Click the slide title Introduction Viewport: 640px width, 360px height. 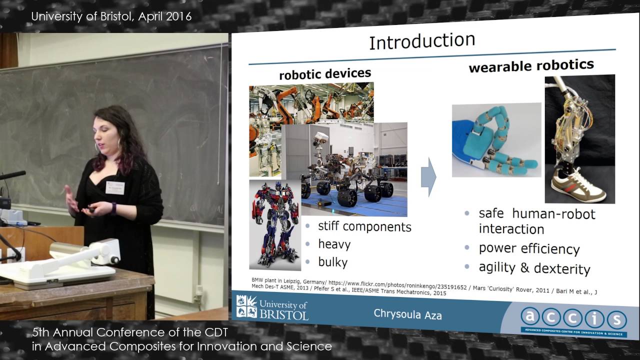pyautogui.click(x=422, y=41)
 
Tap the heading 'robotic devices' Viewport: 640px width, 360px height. pyautogui.click(x=325, y=74)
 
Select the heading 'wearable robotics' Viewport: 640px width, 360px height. pyautogui.click(x=531, y=65)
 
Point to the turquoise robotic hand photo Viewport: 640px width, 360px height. pyautogui.click(x=496, y=139)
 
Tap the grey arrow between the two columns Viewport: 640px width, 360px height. pyautogui.click(x=428, y=177)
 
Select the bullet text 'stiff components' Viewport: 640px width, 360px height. pyautogui.click(x=364, y=226)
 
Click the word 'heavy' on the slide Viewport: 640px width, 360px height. pyautogui.click(x=334, y=244)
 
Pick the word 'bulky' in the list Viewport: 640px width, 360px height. pyautogui.click(x=333, y=262)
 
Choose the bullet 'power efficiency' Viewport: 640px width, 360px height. pyautogui.click(x=529, y=248)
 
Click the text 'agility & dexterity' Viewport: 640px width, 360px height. pyautogui.click(x=534, y=268)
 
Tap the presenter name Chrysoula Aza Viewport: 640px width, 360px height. pyautogui.click(x=407, y=314)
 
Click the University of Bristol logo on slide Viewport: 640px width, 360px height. pyautogui.click(x=272, y=307)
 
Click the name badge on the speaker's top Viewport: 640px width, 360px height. pyautogui.click(x=114, y=187)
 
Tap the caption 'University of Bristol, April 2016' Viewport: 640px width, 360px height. pyautogui.click(x=111, y=16)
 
